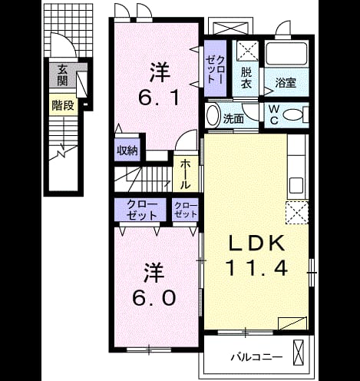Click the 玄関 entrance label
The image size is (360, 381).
pos(62,75)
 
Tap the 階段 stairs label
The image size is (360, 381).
pos(63,105)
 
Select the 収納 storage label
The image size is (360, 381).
pos(127,151)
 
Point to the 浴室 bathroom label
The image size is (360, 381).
pos(286,83)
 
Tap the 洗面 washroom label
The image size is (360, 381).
pos(233,119)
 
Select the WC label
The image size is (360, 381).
pos(274,115)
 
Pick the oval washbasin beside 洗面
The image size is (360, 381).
pos(213,115)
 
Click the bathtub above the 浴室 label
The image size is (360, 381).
pos(286,54)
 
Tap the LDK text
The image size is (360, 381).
pos(256,243)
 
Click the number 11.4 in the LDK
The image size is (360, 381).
pos(256,268)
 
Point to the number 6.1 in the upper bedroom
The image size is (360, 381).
pos(158,98)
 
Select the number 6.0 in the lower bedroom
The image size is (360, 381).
pos(154,298)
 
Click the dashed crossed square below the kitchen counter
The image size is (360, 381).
pos(297,213)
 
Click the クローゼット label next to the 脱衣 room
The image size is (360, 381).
pos(216,68)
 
